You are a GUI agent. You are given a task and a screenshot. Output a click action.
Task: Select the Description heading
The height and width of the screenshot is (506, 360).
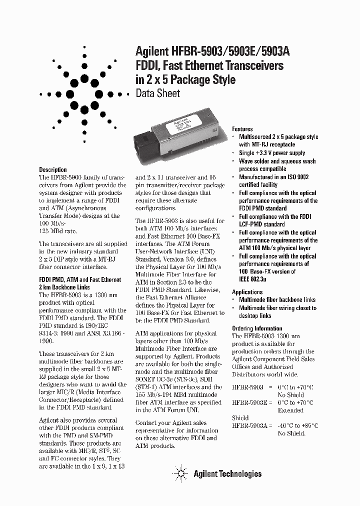pyautogui.click(x=52, y=170)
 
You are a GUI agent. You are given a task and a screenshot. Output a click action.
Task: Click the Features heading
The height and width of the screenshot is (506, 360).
pyautogui.click(x=242, y=129)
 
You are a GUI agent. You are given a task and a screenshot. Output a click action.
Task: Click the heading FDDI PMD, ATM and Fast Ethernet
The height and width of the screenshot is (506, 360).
pyautogui.click(x=80, y=280)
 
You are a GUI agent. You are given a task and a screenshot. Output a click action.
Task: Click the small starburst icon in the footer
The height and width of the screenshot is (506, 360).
pyautogui.click(x=179, y=473)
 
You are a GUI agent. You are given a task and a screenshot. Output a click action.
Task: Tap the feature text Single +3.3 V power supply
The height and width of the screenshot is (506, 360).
pyautogui.click(x=271, y=153)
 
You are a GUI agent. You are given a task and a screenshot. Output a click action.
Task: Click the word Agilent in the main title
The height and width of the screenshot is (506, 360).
pyautogui.click(x=152, y=51)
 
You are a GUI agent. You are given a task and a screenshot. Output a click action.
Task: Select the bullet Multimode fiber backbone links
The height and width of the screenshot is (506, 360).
pyautogui.click(x=277, y=300)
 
